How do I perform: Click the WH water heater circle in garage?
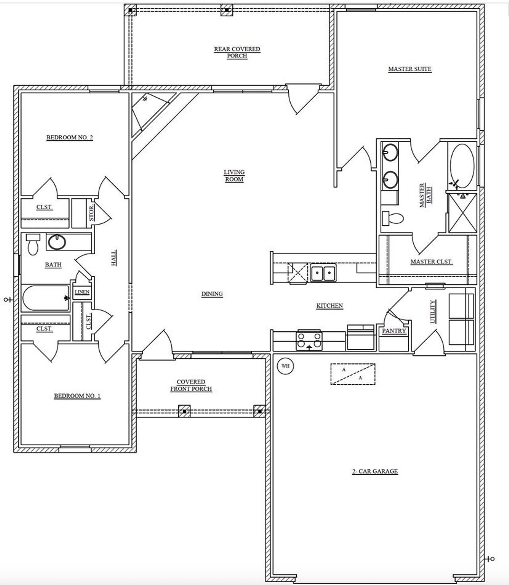pos(285,366)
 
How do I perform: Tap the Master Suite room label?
pos(410,69)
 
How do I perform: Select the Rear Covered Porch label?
pos(237,52)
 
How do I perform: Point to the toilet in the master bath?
pos(393,218)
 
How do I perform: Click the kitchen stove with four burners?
pos(309,341)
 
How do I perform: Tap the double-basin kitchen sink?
pos(323,274)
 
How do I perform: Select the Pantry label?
pos(394,331)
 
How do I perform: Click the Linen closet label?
pos(82,292)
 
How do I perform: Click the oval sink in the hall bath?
pos(56,242)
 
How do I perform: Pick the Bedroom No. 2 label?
pos(70,137)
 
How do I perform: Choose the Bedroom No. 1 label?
pos(77,396)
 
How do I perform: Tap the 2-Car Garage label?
pos(375,471)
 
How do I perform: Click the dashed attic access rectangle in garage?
pos(353,374)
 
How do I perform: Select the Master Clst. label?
pos(431,262)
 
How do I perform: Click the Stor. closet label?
pos(91,213)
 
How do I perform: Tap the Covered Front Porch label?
pos(191,385)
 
